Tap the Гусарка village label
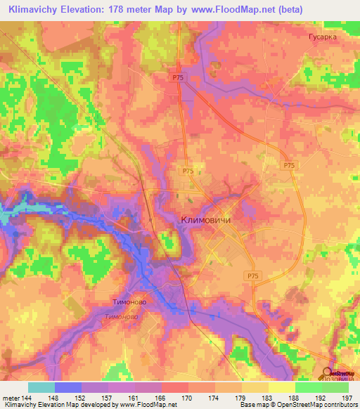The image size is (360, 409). (x=323, y=37)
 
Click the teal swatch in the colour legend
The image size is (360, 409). (x=41, y=387)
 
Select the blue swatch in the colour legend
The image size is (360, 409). (x=68, y=387)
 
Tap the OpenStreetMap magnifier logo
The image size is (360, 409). (x=328, y=374)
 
